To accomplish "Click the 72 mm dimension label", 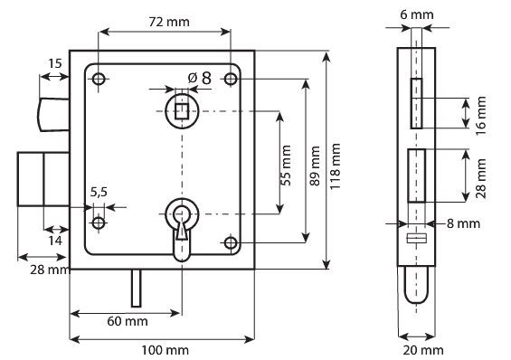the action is [169, 22].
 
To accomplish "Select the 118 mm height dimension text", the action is [335, 166].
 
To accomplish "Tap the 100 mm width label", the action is [165, 350].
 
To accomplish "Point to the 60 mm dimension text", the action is [128, 321].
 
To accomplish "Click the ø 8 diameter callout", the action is [200, 78].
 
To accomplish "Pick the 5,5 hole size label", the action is [99, 193].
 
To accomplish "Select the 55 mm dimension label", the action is [286, 166].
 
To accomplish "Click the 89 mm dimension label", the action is [315, 166].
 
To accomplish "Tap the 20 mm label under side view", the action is [423, 350].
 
